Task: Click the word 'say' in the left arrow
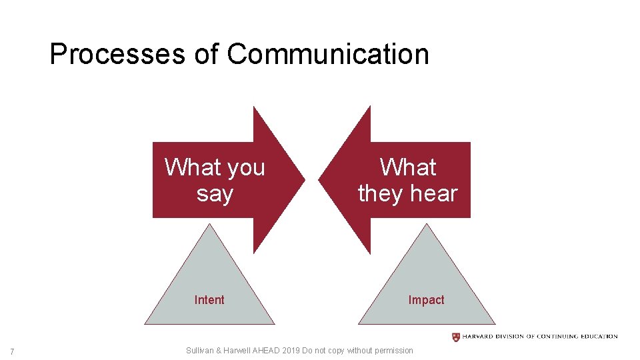tap(215, 194)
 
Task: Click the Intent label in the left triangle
tap(209, 300)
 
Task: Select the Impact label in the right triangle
tap(426, 300)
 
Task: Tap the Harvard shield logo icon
tap(456, 337)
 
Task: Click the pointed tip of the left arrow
tap(304, 179)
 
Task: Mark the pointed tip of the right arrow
tap(320, 179)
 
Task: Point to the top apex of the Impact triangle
tap(427, 225)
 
